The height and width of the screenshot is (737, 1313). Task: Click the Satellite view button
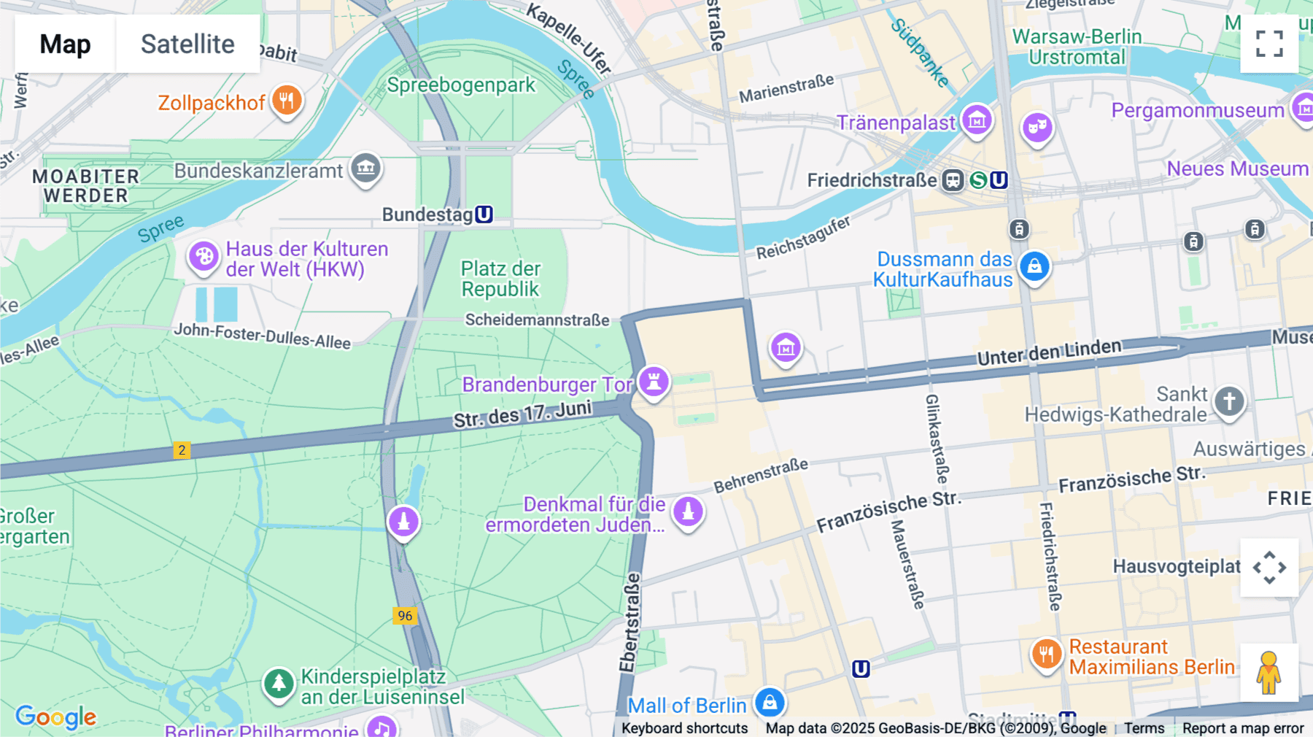187,44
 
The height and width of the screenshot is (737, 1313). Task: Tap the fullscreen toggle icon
1269,44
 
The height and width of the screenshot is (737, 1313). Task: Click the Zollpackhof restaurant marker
287,101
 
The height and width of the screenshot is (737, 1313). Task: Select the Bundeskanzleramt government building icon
365,168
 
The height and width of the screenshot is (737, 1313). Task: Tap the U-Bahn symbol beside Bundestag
484,215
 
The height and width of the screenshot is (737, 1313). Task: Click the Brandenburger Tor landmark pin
654,381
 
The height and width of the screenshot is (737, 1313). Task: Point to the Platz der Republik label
500,279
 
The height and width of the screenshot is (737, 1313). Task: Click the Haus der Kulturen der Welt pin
204,257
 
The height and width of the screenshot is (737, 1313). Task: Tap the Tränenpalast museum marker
977,120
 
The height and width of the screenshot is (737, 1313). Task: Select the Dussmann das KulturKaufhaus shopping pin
1034,266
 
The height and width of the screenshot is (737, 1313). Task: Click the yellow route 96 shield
405,615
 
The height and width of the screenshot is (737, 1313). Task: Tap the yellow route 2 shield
182,450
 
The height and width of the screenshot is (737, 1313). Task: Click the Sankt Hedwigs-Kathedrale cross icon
1229,401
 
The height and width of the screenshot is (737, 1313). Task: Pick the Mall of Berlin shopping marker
770,703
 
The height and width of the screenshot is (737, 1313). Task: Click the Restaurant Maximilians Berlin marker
1046,654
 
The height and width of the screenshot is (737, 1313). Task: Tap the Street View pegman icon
1269,672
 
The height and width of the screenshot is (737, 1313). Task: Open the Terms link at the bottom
1144,728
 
